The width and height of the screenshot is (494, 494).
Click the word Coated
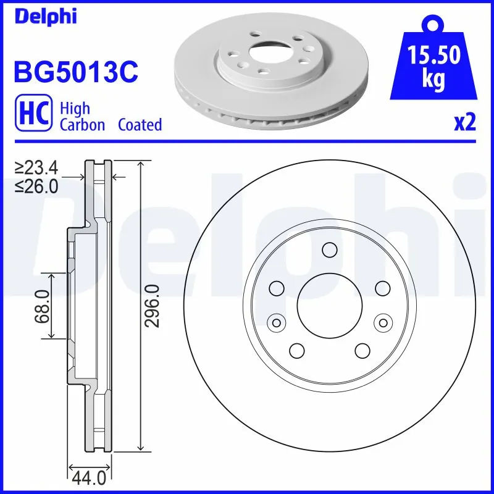pyautogui.click(x=140, y=125)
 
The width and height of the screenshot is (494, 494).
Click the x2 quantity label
pyautogui.click(x=465, y=123)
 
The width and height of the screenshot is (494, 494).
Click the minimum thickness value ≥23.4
pyautogui.click(x=36, y=167)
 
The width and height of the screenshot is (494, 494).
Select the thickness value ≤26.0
pyautogui.click(x=36, y=185)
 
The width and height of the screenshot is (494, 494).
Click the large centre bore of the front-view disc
pyautogui.click(x=329, y=306)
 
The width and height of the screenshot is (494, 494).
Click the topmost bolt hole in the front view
pyautogui.click(x=329, y=250)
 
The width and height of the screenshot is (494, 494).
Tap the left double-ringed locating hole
pyautogui.click(x=276, y=322)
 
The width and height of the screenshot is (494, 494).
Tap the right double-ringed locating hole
pyautogui.click(x=383, y=322)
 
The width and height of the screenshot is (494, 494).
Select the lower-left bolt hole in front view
pyautogui.click(x=296, y=351)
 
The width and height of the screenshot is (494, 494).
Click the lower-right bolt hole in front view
pyautogui.click(x=362, y=351)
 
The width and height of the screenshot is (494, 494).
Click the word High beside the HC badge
pyautogui.click(x=75, y=109)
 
